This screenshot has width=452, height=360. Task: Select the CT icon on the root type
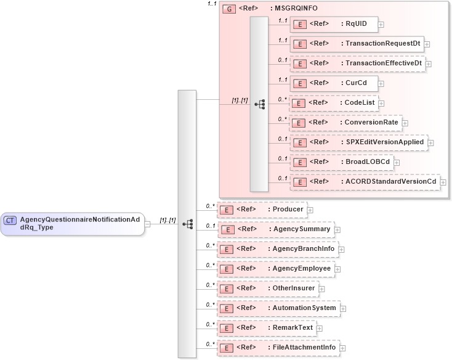click(10, 220)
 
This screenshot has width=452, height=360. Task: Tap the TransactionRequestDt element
click(357, 44)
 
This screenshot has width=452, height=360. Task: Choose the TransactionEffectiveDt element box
click(357, 63)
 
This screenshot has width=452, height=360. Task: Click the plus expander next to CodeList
click(382, 104)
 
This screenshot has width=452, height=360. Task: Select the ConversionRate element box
click(345, 123)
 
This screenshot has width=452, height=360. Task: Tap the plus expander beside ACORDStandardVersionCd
click(443, 182)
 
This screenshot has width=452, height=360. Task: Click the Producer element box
click(262, 210)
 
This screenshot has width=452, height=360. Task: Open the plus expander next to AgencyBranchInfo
click(341, 249)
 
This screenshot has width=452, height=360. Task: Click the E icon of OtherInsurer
click(227, 288)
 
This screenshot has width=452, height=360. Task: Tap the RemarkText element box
click(267, 327)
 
